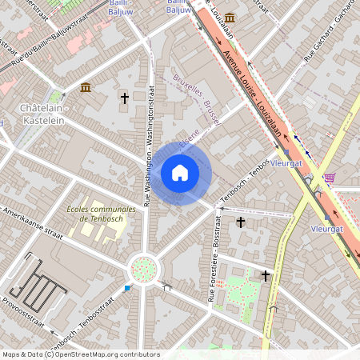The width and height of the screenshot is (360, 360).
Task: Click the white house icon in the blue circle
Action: click(x=180, y=172)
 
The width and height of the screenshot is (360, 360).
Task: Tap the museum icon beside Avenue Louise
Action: click(x=230, y=18)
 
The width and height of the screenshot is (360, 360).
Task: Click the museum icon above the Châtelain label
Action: click(x=86, y=86)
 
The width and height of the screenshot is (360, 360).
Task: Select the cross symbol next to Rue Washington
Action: click(x=124, y=98)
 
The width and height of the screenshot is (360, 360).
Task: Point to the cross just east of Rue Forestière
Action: click(x=240, y=222)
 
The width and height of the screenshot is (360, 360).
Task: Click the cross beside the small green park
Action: click(x=265, y=276)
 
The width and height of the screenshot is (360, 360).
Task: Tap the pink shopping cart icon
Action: click(x=330, y=178)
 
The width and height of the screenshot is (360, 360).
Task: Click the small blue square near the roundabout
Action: click(x=127, y=287)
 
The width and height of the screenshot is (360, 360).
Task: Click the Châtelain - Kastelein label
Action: click(x=45, y=111)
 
